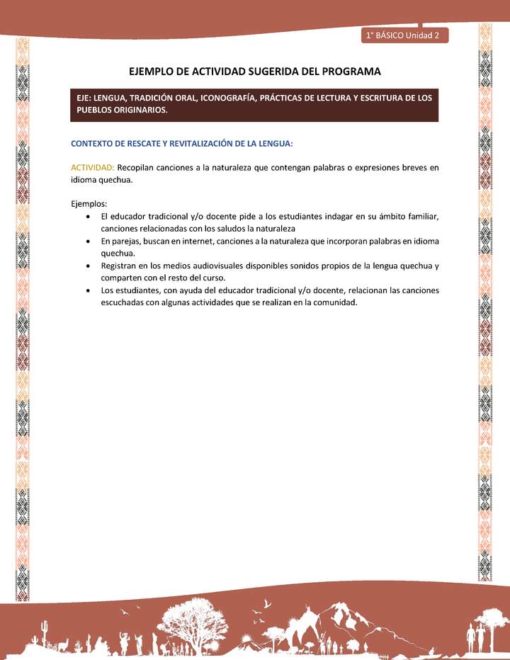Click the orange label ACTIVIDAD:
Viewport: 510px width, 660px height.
point(92,168)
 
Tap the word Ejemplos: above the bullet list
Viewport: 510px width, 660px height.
point(89,204)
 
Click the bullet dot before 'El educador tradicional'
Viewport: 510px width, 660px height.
point(86,216)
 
